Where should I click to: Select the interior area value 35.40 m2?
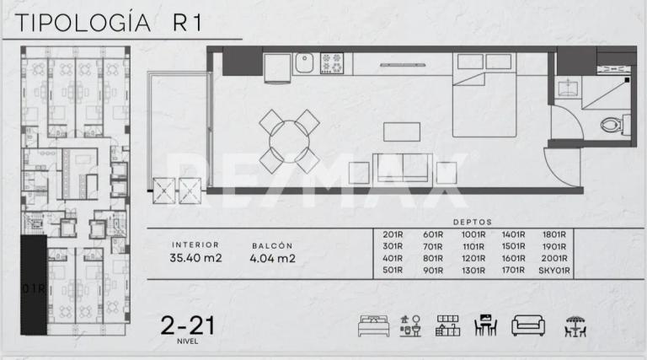195,259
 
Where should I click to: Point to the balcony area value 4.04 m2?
273,259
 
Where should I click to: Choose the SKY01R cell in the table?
554,271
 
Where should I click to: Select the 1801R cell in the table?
554,235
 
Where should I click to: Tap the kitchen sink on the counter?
305,62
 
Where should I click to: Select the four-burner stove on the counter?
332,62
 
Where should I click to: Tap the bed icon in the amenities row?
372,325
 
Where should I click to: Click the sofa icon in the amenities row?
528,325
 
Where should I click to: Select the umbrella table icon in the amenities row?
575,325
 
